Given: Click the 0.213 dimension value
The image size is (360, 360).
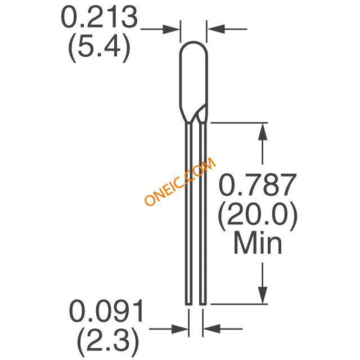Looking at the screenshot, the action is (x=99, y=17).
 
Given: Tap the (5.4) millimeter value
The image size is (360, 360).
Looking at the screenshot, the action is (x=99, y=48).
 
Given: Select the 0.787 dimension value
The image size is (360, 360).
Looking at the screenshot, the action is (x=258, y=184).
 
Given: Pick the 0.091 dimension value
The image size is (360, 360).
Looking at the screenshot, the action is (x=106, y=311).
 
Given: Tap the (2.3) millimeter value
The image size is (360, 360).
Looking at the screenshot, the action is (x=108, y=341).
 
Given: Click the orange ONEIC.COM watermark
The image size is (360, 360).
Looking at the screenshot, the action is (x=180, y=181).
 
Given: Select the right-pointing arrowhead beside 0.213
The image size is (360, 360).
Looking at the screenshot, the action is (x=171, y=29).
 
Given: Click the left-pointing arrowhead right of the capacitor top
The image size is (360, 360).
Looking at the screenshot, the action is (x=215, y=29).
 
